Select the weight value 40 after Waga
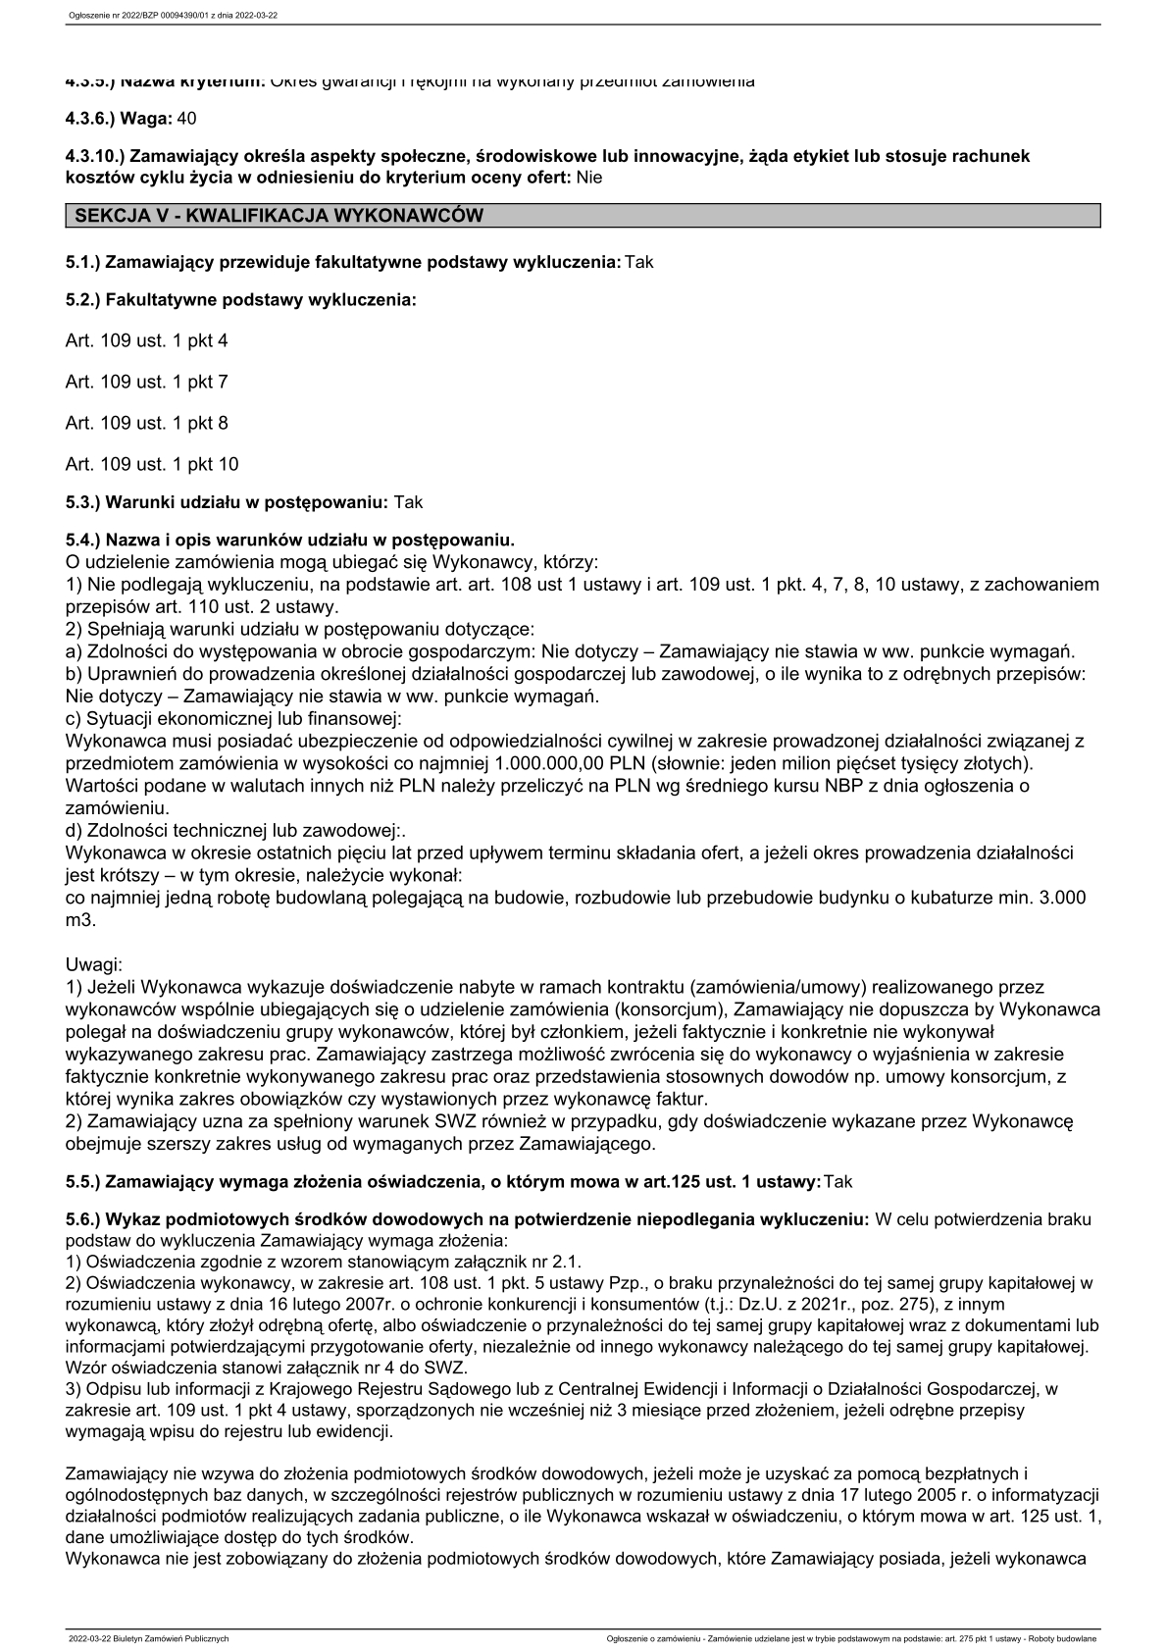[186, 118]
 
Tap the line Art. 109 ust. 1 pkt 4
[146, 340]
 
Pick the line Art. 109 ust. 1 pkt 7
[146, 382]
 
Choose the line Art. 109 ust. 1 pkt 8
[146, 423]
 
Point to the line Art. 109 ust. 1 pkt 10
[151, 464]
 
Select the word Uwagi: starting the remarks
[93, 965]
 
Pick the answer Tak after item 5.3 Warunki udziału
[408, 501]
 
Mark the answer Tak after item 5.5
[838, 1182]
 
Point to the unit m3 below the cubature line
[79, 921]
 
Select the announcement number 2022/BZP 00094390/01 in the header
[155, 17]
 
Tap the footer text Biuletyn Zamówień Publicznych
[171, 1639]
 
